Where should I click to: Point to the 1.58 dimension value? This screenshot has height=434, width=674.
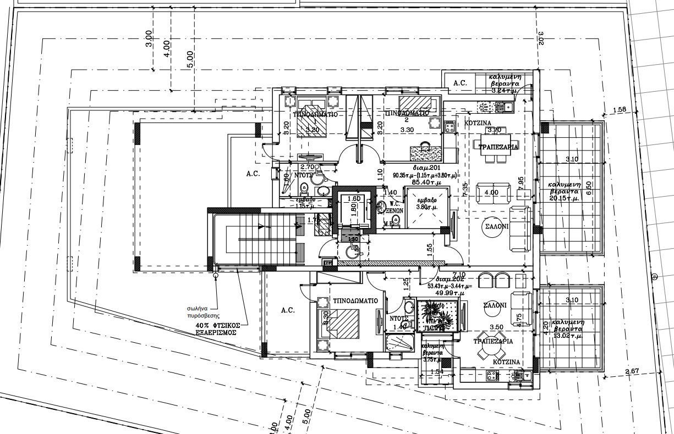(x=620, y=110)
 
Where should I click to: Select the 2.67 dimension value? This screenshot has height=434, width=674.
(x=632, y=372)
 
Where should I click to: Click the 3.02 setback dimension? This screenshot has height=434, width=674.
(x=540, y=37)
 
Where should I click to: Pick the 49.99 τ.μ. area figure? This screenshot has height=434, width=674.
(x=447, y=293)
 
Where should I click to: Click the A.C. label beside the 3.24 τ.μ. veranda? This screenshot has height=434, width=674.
(x=460, y=83)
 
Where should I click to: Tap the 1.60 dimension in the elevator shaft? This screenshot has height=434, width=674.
(x=354, y=199)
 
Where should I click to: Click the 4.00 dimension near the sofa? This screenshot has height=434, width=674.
(x=491, y=192)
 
